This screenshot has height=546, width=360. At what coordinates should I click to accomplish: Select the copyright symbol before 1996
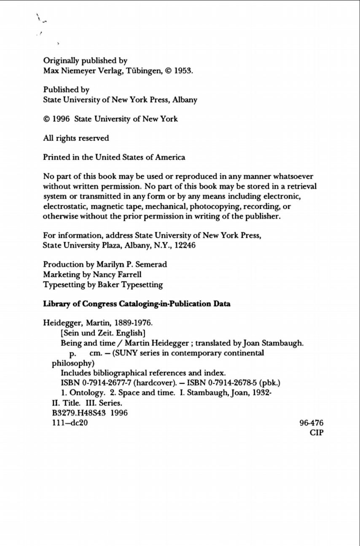[47, 119]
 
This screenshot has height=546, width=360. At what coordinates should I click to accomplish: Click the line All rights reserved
[76, 138]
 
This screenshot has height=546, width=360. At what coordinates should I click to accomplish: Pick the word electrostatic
[64, 207]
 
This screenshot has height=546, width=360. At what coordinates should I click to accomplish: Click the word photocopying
[215, 207]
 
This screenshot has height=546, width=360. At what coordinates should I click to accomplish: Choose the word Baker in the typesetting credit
[109, 285]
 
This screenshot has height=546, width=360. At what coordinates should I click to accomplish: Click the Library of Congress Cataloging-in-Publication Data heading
[137, 304]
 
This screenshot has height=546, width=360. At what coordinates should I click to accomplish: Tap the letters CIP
[316, 433]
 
